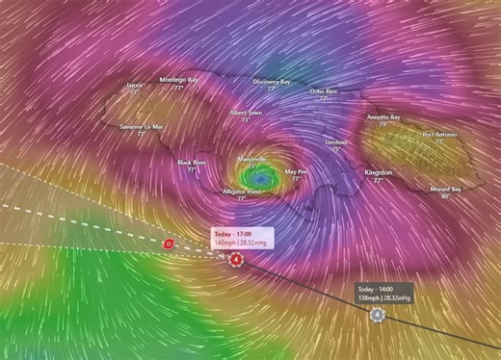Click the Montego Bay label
pos(178,79)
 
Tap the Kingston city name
pos(378,172)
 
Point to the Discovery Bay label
pos(272,82)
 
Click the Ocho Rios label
pos(324,90)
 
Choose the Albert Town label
pos(246,113)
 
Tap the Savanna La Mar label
pos(142,126)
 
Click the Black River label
pos(193,163)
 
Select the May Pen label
pos(297,171)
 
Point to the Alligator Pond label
pos(242,192)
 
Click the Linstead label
pos(336,141)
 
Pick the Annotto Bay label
pos(383,117)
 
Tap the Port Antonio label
pos(440,135)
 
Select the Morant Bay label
pos(445,189)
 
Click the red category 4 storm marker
pos(237,258)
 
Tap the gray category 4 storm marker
pos(378,314)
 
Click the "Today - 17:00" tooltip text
pos(232,234)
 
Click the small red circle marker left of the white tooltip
pos(170,244)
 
